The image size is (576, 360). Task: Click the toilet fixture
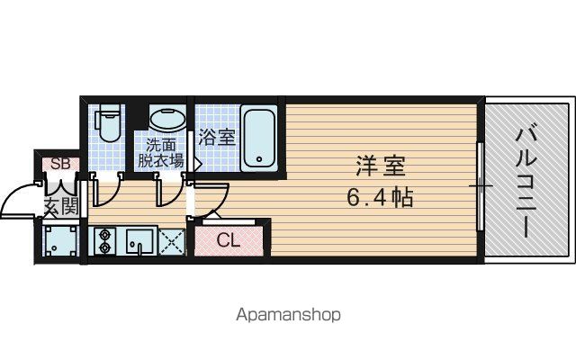click(x=108, y=123)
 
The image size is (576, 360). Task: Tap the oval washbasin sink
click(x=167, y=119)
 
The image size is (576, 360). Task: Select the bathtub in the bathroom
click(x=259, y=138)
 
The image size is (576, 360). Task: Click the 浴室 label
click(x=216, y=137)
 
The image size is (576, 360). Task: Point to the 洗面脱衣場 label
click(x=160, y=153)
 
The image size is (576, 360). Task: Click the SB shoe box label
click(x=60, y=164)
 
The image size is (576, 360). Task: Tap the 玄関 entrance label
click(x=61, y=206)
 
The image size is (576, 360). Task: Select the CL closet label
click(x=228, y=240)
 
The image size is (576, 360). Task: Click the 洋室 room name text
click(x=381, y=166)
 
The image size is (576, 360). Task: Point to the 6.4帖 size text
click(x=380, y=198)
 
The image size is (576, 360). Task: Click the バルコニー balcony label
click(x=526, y=183)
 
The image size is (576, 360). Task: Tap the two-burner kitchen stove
click(x=104, y=240)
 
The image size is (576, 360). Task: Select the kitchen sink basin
click(x=140, y=241)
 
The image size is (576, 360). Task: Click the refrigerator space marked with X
click(x=172, y=241)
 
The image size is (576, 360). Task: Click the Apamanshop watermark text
click(x=288, y=315)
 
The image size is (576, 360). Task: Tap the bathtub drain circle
click(x=259, y=159)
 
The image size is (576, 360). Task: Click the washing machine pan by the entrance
click(x=60, y=240)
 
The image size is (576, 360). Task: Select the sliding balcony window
click(x=481, y=186)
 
